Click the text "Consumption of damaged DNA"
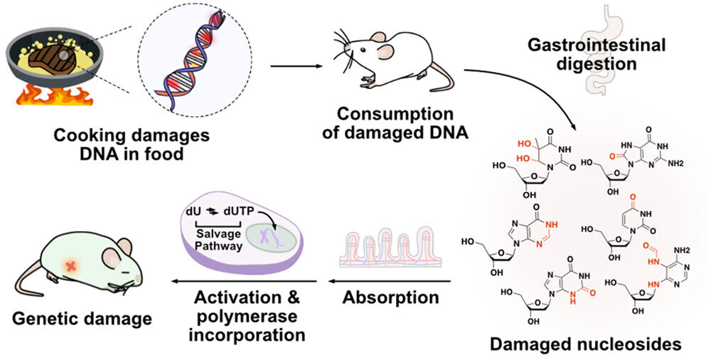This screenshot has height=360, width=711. click(x=385, y=123)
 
